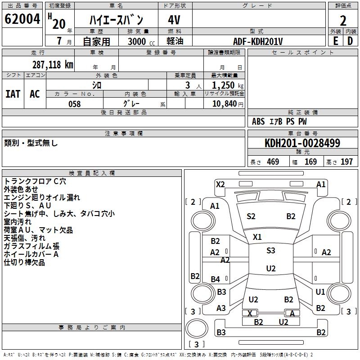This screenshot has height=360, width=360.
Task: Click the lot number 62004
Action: click(x=22, y=20)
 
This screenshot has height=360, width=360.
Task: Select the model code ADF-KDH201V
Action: click(x=258, y=41)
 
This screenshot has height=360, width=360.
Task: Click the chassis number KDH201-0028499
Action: click(x=302, y=143)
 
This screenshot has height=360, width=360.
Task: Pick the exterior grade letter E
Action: click(x=335, y=41)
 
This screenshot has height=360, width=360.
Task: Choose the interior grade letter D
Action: click(x=350, y=41)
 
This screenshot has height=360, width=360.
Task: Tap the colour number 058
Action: click(x=74, y=104)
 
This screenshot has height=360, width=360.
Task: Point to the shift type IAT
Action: click(x=13, y=94)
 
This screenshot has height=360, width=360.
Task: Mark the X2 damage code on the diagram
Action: click(x=220, y=184)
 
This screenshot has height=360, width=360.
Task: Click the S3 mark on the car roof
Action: click(x=271, y=251)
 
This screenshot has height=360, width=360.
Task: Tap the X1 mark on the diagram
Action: click(x=257, y=237)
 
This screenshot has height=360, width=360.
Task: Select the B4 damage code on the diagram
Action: click(x=216, y=279)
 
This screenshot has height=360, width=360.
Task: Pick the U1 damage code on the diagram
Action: click(x=320, y=292)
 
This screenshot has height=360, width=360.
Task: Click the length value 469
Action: click(x=273, y=162)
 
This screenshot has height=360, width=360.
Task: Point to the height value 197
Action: click(x=346, y=162)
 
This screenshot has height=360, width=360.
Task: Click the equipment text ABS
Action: click(x=258, y=121)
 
